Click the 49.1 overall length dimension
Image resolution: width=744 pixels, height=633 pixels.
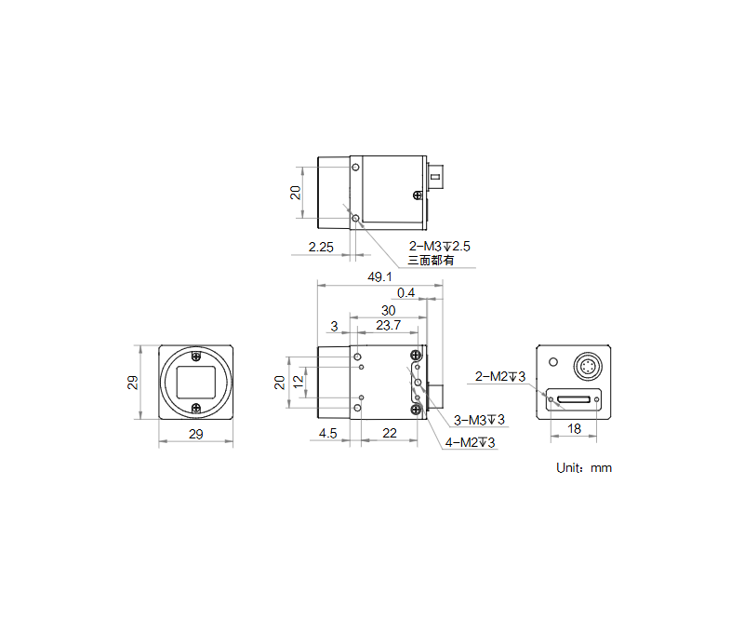click(380, 276)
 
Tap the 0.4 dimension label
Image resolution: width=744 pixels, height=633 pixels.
click(406, 293)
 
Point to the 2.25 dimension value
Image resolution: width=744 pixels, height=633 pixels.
click(320, 248)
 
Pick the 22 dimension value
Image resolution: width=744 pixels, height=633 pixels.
click(389, 434)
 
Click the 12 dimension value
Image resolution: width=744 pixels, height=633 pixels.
click(299, 381)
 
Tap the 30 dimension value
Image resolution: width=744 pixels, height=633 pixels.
click(388, 310)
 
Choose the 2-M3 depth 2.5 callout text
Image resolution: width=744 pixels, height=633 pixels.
click(440, 247)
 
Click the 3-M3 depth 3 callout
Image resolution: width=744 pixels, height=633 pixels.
click(479, 420)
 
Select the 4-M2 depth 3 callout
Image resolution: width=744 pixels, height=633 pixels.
click(470, 442)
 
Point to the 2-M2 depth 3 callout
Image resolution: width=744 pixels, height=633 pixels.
click(500, 376)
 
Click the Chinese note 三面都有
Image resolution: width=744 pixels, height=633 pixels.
click(432, 262)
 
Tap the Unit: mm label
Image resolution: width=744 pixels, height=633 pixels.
click(584, 468)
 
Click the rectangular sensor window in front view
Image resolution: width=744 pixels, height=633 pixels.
click(195, 382)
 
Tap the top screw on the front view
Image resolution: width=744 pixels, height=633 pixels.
click(195, 356)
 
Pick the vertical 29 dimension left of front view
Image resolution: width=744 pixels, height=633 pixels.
click(133, 382)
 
